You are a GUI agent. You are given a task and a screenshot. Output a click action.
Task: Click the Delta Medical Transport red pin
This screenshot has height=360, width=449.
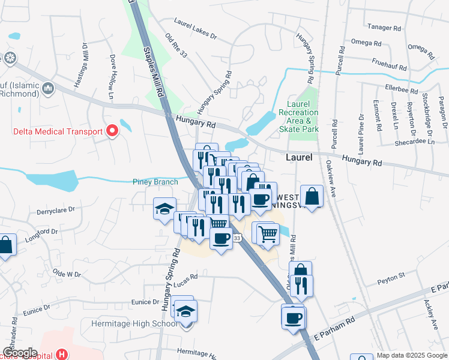pos(112,131)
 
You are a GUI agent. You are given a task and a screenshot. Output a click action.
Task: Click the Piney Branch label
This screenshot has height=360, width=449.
pos(155,182)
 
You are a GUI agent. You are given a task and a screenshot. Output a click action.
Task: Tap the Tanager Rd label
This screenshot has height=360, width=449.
pos(384,28)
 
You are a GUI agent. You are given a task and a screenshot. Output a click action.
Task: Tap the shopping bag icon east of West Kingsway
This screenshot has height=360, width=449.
pos(312,196)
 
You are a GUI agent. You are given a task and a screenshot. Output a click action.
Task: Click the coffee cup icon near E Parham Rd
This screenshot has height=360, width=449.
pos(294,317)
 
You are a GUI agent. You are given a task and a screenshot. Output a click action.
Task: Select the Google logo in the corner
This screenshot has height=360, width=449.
pos(20,353)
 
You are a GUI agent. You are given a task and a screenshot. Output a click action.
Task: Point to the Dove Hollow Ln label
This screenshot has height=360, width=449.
pos(112,71)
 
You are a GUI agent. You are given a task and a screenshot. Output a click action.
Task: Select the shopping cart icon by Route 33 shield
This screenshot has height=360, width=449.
pos(267,233)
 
